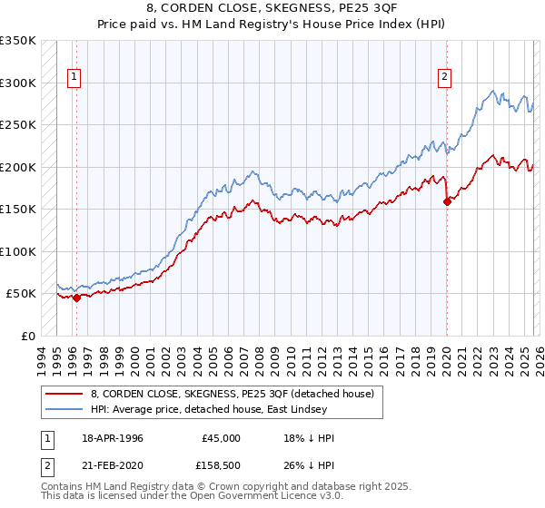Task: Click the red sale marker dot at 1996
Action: click(76, 298)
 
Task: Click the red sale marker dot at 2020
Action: click(447, 202)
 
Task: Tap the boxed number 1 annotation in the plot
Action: click(74, 77)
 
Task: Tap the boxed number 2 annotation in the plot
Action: click(445, 77)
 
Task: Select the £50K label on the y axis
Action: click(21, 294)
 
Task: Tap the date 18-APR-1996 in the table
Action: click(111, 438)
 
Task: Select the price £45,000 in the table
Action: click(222, 438)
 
